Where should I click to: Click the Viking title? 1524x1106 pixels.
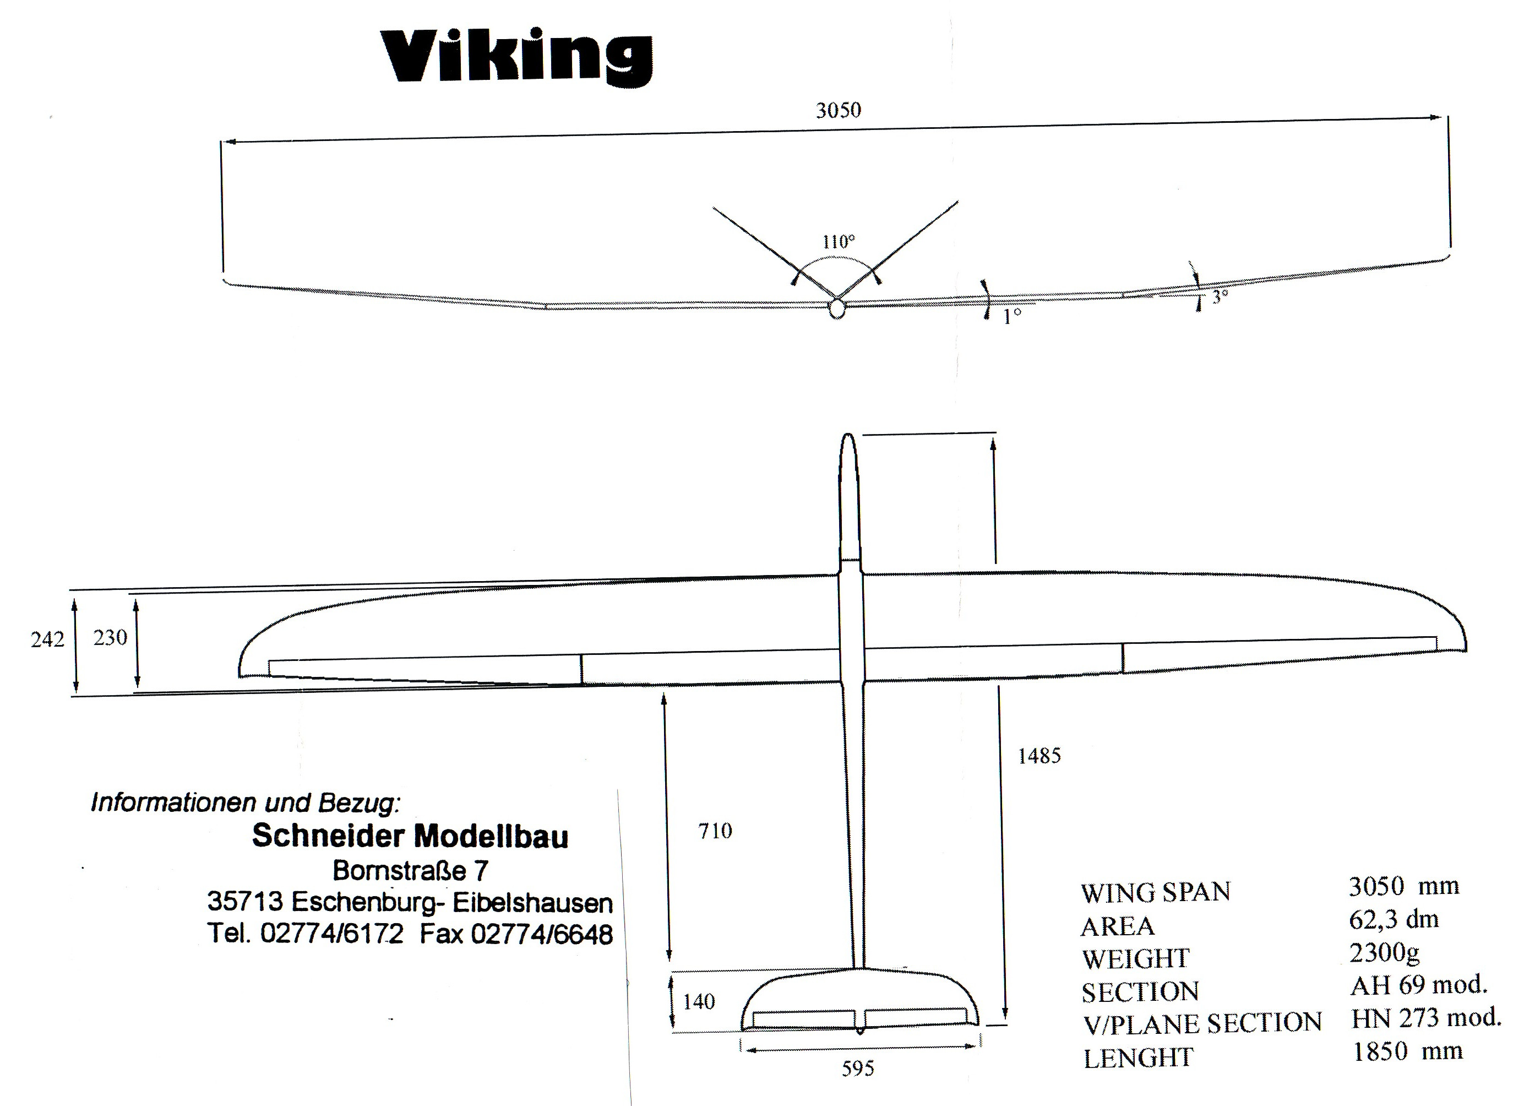coord(516,58)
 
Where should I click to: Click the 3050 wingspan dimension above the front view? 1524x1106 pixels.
coord(838,110)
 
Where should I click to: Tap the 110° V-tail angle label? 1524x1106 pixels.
coord(839,241)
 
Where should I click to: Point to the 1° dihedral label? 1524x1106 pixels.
coord(1012,317)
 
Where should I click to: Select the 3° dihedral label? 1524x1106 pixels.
coord(1220,296)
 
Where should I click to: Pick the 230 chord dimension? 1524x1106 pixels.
coord(110,637)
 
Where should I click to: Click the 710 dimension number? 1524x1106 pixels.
coord(715,832)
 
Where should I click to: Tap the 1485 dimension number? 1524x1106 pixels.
coord(1039,756)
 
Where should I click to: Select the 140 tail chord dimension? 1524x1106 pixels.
coord(699,1002)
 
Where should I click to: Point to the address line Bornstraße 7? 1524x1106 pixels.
coord(410,871)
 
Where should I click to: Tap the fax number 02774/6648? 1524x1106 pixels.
coord(542,935)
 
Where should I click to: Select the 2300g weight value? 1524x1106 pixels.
coord(1384,952)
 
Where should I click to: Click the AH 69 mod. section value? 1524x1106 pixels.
coord(1418,985)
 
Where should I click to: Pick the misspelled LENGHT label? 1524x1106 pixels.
coord(1137,1058)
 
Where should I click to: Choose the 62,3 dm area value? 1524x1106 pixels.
coord(1394,919)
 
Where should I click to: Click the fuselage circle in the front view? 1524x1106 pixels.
coord(836,308)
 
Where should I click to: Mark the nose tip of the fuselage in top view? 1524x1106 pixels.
coord(848,436)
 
